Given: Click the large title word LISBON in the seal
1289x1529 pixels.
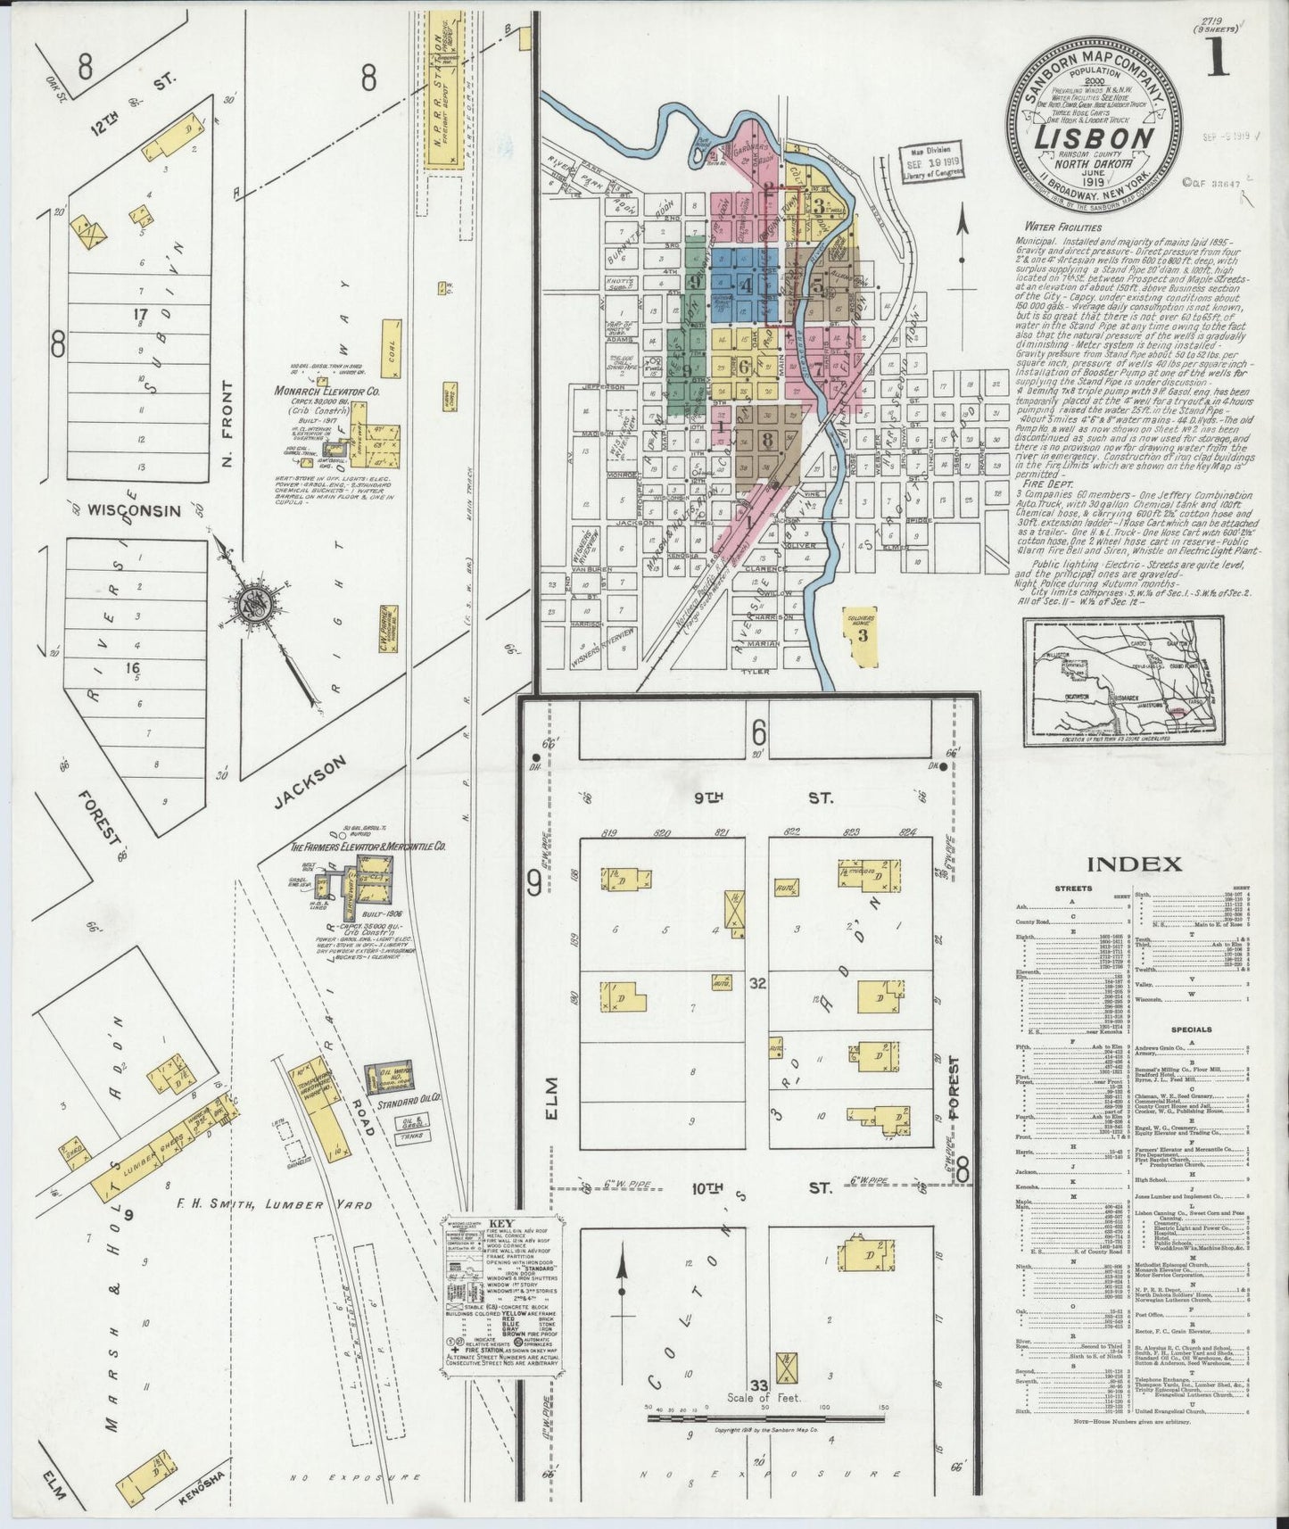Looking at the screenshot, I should coord(1093,139).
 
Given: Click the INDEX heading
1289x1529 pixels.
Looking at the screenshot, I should coord(1134,864).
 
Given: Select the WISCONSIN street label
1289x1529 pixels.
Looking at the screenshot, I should coord(136,510).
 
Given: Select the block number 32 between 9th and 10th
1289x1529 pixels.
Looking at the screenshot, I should coord(758,983).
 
